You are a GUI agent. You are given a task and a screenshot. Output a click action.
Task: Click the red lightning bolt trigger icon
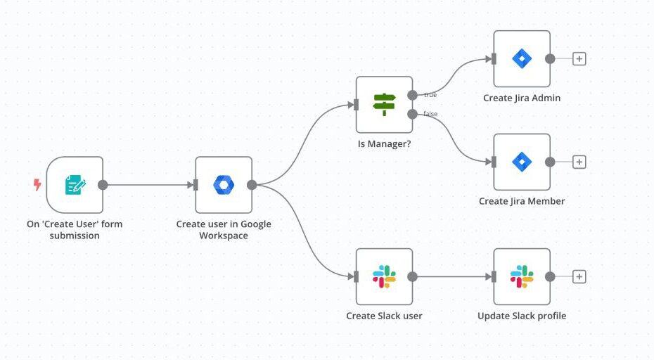click(37, 185)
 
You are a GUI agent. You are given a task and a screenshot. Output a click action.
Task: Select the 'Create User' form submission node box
click(75, 185)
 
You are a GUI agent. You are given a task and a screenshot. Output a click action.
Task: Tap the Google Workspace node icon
click(224, 185)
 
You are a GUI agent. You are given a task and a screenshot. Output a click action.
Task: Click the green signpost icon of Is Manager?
click(384, 105)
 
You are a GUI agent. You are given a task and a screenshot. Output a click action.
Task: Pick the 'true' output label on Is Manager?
click(430, 95)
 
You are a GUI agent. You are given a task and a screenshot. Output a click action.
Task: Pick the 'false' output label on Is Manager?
click(430, 114)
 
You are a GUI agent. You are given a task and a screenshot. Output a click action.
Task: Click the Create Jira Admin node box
click(521, 58)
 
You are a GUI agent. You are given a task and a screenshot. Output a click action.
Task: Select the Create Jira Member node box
click(521, 162)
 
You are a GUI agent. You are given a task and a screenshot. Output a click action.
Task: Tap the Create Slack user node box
click(384, 276)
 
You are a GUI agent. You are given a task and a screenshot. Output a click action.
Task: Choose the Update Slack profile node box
click(521, 276)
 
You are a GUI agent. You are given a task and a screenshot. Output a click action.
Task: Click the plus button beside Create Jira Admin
click(579, 59)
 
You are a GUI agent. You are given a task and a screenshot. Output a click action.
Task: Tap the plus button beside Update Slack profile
click(579, 277)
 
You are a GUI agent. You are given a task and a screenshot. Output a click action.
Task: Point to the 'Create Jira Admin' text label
click(522, 98)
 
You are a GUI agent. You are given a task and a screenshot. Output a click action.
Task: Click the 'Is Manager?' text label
click(384, 144)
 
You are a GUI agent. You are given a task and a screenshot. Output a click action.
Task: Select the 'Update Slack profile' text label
click(522, 316)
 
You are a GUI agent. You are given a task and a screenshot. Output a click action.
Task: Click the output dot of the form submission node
click(103, 185)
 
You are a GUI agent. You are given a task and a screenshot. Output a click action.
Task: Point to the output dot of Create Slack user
click(412, 277)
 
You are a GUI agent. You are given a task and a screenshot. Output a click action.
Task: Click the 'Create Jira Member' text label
click(522, 201)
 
